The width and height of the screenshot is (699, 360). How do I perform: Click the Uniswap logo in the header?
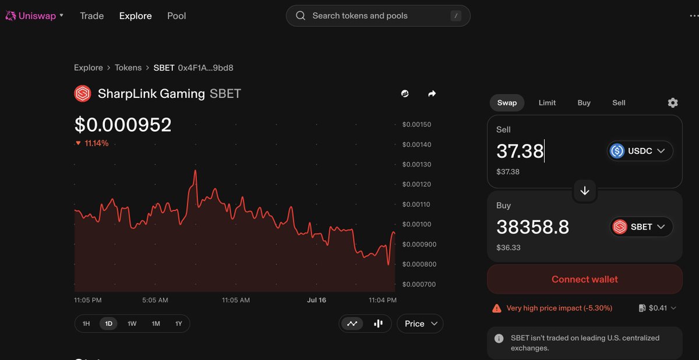tap(10, 16)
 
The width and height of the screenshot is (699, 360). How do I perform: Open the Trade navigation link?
tap(92, 16)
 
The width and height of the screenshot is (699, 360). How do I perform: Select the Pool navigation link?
tap(176, 16)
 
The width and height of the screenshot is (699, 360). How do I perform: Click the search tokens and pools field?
tap(378, 16)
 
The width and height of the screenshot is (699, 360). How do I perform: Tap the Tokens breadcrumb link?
tap(128, 68)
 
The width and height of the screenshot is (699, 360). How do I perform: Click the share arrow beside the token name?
tap(432, 94)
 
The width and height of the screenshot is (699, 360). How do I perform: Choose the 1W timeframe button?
tap(132, 323)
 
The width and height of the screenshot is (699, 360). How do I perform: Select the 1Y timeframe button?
tap(178, 323)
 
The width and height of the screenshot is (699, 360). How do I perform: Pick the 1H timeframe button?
tap(86, 323)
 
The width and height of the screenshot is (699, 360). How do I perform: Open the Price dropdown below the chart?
tap(420, 323)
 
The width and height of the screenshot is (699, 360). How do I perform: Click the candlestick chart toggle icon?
tap(378, 323)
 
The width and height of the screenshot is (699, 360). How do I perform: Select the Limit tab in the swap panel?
tap(547, 103)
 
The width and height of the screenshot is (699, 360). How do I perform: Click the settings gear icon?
tap(673, 103)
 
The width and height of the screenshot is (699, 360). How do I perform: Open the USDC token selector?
tap(640, 151)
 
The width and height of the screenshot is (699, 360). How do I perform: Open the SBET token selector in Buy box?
tap(641, 227)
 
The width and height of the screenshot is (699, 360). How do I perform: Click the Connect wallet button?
tap(584, 279)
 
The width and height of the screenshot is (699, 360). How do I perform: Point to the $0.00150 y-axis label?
tap(416, 125)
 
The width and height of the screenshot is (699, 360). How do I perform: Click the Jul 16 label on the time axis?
tap(316, 300)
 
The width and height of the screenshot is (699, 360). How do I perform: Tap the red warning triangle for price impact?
tap(497, 308)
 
